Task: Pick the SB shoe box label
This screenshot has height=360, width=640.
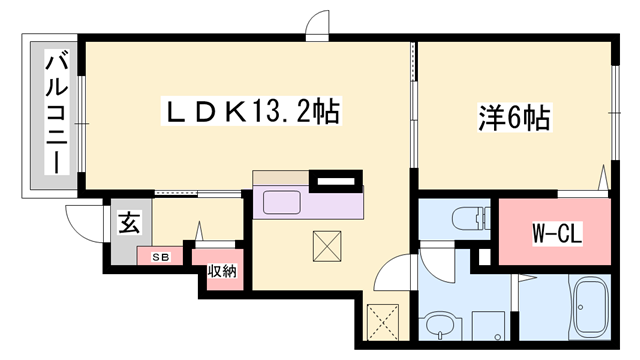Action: coord(159,257)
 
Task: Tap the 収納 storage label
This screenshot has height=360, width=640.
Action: coord(221,270)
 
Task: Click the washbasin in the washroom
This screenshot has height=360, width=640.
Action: coord(437,325)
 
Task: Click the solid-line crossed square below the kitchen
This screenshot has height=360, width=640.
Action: coord(328,246)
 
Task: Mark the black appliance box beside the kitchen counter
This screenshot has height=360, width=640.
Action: coord(335,182)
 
